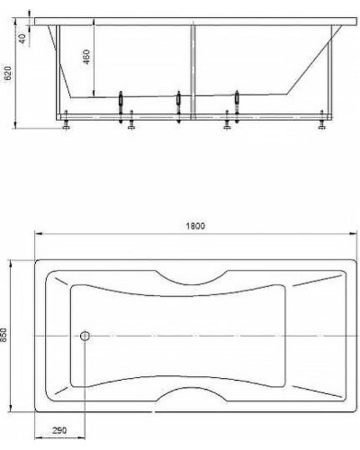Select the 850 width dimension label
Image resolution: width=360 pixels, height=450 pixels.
(x=5, y=335)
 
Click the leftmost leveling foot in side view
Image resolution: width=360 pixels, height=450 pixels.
(x=67, y=123)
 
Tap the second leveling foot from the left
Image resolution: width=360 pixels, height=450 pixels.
(x=132, y=123)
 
